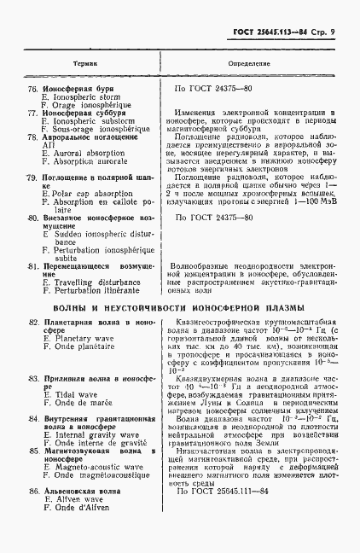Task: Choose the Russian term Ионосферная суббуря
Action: [x=85, y=113]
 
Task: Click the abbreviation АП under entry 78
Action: [x=48, y=145]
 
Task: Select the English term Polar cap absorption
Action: [x=84, y=193]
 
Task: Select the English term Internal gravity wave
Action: [x=90, y=433]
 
